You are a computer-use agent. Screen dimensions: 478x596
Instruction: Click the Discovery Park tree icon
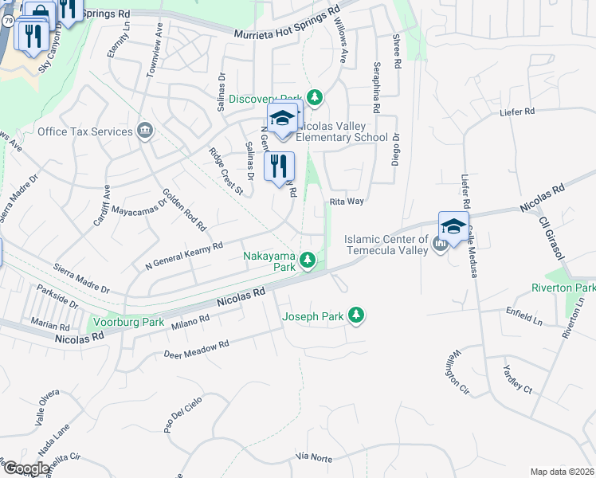pyautogui.click(x=316, y=97)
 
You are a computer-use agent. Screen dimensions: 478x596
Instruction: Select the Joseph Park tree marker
pyautogui.click(x=358, y=316)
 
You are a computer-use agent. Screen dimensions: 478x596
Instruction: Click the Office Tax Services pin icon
pyautogui.click(x=144, y=131)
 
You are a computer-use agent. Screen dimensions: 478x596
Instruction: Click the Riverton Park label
pyautogui.click(x=565, y=288)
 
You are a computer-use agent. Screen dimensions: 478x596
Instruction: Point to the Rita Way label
pyautogui.click(x=347, y=202)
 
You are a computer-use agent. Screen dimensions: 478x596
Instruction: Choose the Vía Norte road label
pyautogui.click(x=313, y=456)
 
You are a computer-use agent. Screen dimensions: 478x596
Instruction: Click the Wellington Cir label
pyautogui.click(x=450, y=371)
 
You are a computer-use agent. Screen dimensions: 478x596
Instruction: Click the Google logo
pyautogui.click(x=26, y=468)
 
